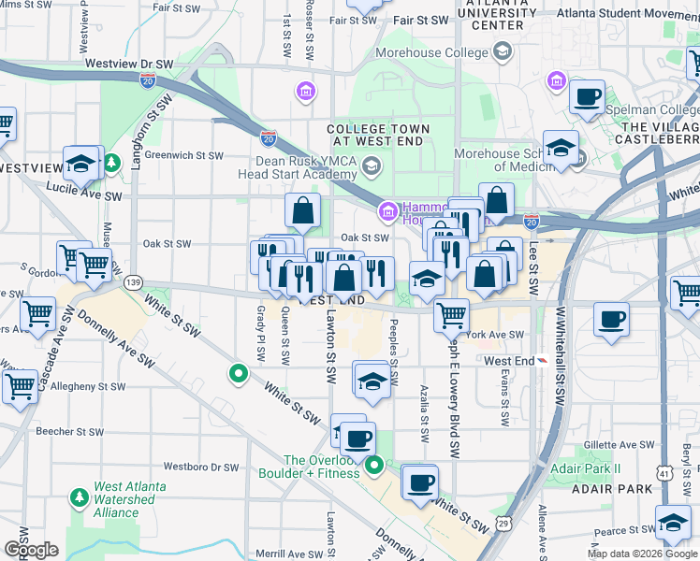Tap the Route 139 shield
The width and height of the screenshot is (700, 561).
[x=134, y=281]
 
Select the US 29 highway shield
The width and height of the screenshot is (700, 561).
[x=503, y=520]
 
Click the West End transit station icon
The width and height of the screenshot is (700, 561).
[x=540, y=361]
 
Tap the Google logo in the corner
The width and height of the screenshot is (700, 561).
[x=30, y=550]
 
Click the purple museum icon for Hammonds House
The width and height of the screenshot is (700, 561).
[x=388, y=214]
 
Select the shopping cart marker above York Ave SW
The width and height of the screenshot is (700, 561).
[x=452, y=314]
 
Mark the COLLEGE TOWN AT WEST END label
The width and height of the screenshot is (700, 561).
[x=378, y=135]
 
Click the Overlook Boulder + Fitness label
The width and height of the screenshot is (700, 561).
[x=322, y=467]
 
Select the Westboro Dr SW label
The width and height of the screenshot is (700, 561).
[x=201, y=466]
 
